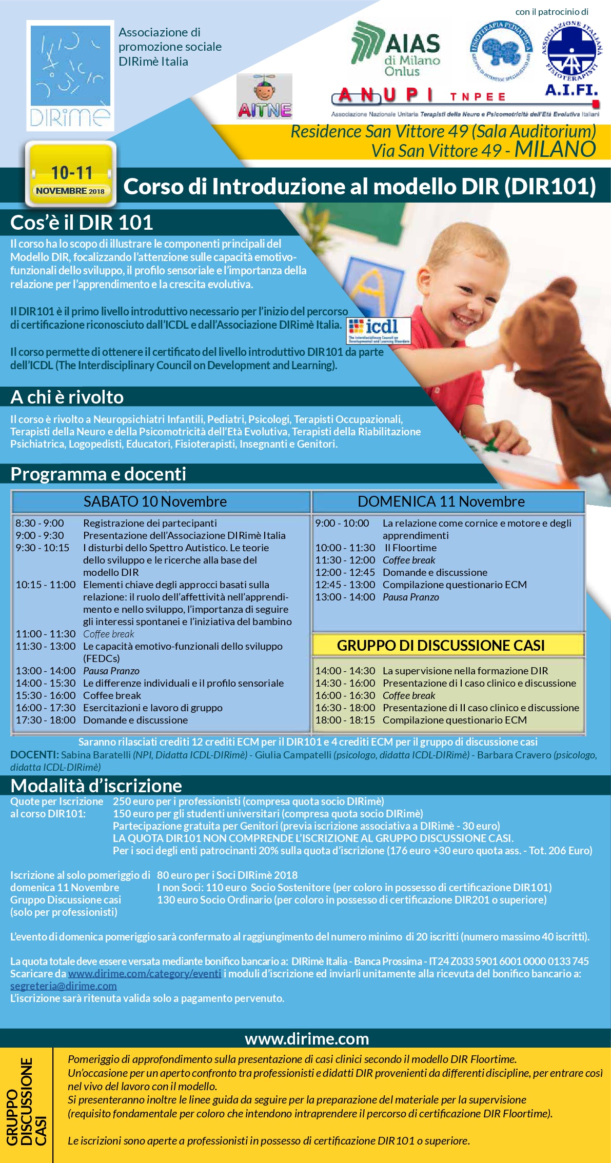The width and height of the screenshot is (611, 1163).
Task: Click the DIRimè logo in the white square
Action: click(x=70, y=75)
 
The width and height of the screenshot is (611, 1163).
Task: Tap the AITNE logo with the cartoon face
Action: click(x=264, y=96)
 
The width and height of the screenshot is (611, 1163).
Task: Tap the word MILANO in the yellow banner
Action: click(x=555, y=149)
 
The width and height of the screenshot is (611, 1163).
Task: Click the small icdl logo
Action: click(x=379, y=330)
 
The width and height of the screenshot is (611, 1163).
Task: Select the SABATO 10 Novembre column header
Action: click(x=155, y=502)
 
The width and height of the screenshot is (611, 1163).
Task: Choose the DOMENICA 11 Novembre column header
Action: click(x=441, y=502)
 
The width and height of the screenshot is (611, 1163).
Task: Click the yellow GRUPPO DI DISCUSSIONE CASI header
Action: click(x=441, y=645)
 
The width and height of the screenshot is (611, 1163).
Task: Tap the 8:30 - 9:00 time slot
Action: click(x=40, y=523)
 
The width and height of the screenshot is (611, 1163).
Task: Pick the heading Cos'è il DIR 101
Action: click(x=82, y=223)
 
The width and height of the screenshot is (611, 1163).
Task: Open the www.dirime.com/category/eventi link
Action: click(x=145, y=973)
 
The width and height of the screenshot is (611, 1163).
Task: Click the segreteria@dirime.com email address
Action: click(x=64, y=986)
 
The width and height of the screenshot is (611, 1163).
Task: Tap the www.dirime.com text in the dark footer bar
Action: click(x=307, y=1038)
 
